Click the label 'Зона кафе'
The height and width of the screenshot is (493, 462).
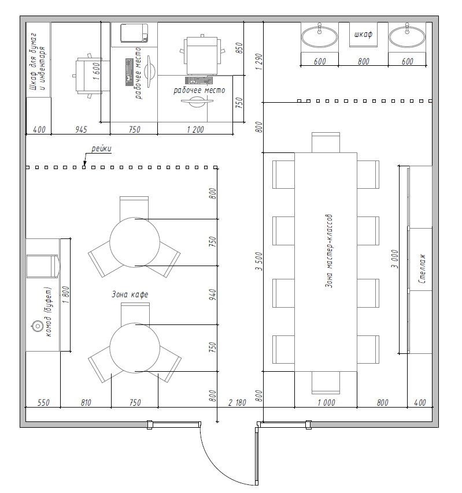coord(130,294)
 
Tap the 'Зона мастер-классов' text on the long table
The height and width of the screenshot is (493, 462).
coord(328,251)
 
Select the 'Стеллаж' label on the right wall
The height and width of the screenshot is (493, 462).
coord(422,268)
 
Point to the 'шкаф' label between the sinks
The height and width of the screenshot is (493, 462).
coord(363,34)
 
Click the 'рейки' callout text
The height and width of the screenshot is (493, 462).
coord(101,148)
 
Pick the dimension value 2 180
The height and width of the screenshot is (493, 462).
coord(237,402)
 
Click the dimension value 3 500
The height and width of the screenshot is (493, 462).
coord(258,262)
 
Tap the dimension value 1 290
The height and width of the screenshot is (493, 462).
coord(258,62)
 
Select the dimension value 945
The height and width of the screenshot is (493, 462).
coord(81,129)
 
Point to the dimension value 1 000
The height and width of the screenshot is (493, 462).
coord(326,402)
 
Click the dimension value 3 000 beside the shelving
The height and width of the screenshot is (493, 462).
coord(394,259)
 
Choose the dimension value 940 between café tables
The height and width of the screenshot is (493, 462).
coord(213,294)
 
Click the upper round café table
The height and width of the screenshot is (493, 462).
coord(135,242)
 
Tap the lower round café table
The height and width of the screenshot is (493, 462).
coord(135,348)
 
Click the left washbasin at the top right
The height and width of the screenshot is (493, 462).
coord(320,36)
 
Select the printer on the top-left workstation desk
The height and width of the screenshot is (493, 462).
coord(134,33)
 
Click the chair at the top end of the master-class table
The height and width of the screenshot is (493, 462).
coord(326,143)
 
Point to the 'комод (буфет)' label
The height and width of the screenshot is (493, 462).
coord(48,312)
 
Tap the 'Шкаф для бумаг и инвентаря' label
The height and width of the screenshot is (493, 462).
coord(37,62)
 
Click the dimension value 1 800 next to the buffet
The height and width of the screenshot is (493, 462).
coord(66,294)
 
